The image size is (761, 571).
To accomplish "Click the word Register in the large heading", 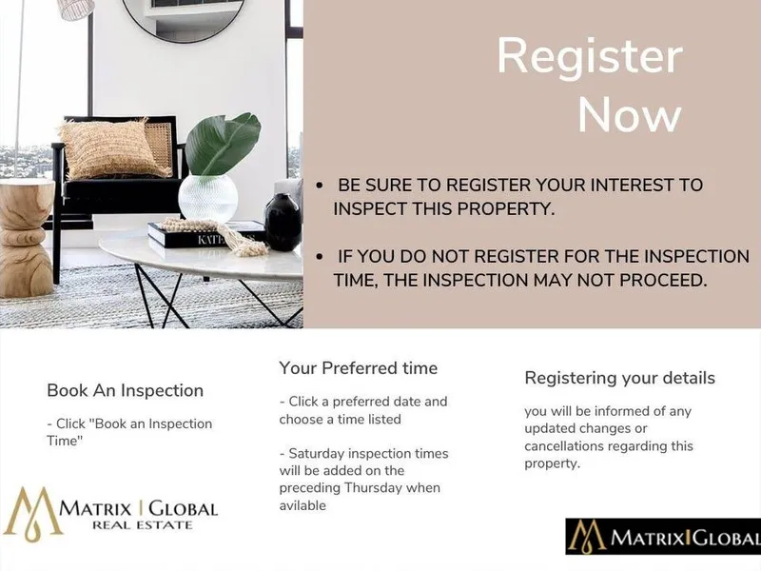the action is click(590, 58).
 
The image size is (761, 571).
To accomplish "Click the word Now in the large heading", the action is click(630, 114).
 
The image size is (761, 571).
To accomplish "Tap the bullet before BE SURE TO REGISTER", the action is click(320, 186).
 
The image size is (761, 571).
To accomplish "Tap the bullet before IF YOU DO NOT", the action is click(320, 257).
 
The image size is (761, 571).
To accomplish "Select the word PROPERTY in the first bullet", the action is click(505, 208).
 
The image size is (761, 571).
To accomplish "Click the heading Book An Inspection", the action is click(126, 390).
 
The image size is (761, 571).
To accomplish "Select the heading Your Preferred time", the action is click(359, 368).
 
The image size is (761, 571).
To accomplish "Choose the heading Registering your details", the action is click(620, 378).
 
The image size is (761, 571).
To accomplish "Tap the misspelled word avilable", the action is click(302, 505).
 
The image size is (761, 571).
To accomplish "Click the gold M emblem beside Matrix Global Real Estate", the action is click(33, 515).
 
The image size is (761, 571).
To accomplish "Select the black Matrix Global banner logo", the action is click(663, 537).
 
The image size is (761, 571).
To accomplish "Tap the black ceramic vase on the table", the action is click(283, 223).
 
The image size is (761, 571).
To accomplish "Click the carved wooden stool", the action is click(27, 238).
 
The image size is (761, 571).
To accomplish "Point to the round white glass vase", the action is click(207, 198).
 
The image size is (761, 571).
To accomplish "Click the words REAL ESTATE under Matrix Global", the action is click(142, 525).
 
